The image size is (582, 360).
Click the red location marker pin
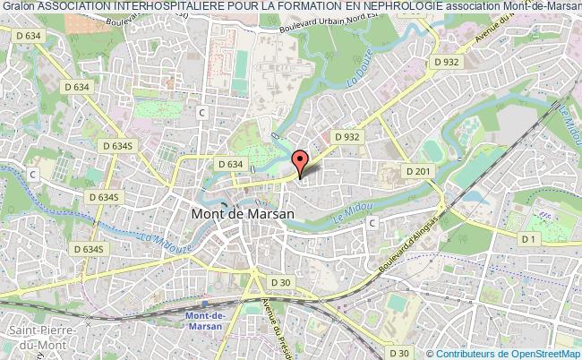coord(301,162)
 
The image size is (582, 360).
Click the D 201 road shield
coord(419,171)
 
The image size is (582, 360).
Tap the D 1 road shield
coord(530,238)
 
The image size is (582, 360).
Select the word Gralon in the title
coord(18,8)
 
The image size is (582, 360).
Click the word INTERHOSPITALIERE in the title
coord(165,8)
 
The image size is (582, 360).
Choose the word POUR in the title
coord(228,8)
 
